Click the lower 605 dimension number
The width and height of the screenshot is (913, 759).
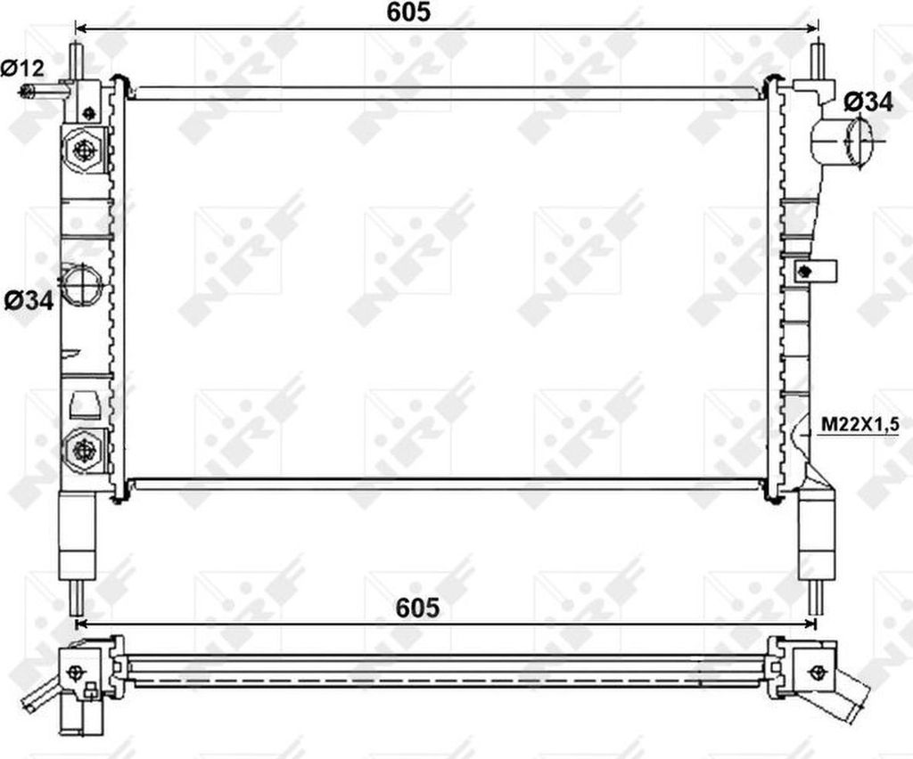(417, 608)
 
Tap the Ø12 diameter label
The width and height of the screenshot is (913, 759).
(22, 69)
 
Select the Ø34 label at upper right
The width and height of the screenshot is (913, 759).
(868, 102)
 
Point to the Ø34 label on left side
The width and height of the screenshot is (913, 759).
(29, 301)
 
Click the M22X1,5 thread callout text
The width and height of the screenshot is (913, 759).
(860, 425)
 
